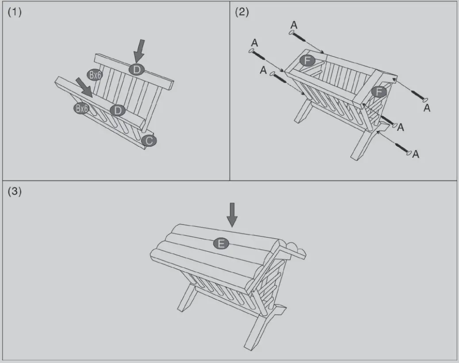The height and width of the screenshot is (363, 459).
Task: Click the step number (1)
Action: (x=15, y=12)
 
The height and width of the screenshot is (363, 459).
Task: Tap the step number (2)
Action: (x=241, y=12)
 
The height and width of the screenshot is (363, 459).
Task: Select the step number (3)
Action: (x=15, y=192)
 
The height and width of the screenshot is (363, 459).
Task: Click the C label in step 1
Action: (x=149, y=141)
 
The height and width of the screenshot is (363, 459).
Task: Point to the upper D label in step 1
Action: (x=137, y=69)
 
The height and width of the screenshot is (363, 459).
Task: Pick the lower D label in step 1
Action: (x=117, y=110)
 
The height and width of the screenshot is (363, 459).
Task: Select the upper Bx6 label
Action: (x=95, y=75)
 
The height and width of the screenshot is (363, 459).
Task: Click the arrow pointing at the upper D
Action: (x=139, y=50)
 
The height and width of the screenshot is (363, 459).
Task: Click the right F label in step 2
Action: (x=379, y=92)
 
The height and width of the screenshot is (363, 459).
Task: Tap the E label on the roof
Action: (x=221, y=243)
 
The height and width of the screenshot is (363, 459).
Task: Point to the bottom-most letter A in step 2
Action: (x=416, y=154)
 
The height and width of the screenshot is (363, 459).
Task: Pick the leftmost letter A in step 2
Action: (x=254, y=42)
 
